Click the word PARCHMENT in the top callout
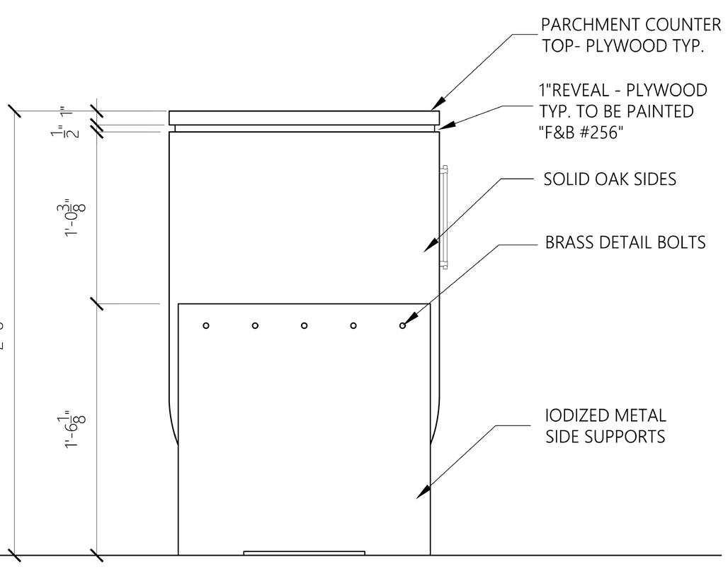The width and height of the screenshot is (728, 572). click(583, 24)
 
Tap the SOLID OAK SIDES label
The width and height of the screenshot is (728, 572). click(610, 179)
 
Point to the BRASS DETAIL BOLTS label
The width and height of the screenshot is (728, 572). click(625, 242)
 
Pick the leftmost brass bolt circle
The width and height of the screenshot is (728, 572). click(206, 325)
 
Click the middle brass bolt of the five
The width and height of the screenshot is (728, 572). click(305, 325)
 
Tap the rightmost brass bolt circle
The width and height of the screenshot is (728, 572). click(403, 325)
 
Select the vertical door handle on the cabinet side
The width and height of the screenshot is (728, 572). click(444, 217)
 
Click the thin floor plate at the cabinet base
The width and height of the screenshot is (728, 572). click(304, 553)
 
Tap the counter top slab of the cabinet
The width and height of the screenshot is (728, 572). click(304, 117)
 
